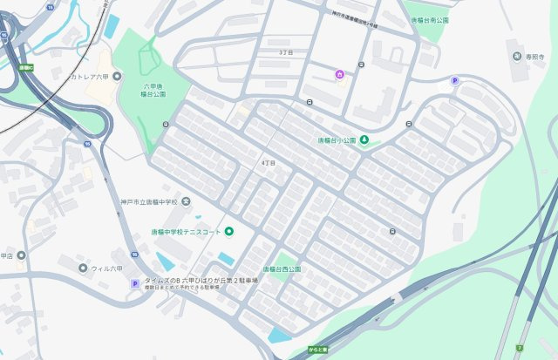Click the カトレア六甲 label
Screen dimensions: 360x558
point(92,77)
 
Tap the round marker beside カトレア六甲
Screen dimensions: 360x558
point(64,77)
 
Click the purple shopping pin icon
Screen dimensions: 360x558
point(339,73)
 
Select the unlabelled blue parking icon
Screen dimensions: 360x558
point(453,81)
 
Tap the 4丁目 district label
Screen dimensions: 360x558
point(269,163)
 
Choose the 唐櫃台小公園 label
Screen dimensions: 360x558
point(336,141)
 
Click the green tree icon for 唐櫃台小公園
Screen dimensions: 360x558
point(364,141)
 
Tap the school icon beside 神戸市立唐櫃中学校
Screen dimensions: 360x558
point(185,202)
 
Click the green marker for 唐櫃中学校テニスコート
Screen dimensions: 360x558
point(229,231)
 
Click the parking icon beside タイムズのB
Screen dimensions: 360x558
point(134,283)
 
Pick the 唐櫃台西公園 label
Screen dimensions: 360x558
point(276,269)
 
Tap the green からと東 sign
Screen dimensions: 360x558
point(317,350)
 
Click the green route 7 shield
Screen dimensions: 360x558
point(520,347)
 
